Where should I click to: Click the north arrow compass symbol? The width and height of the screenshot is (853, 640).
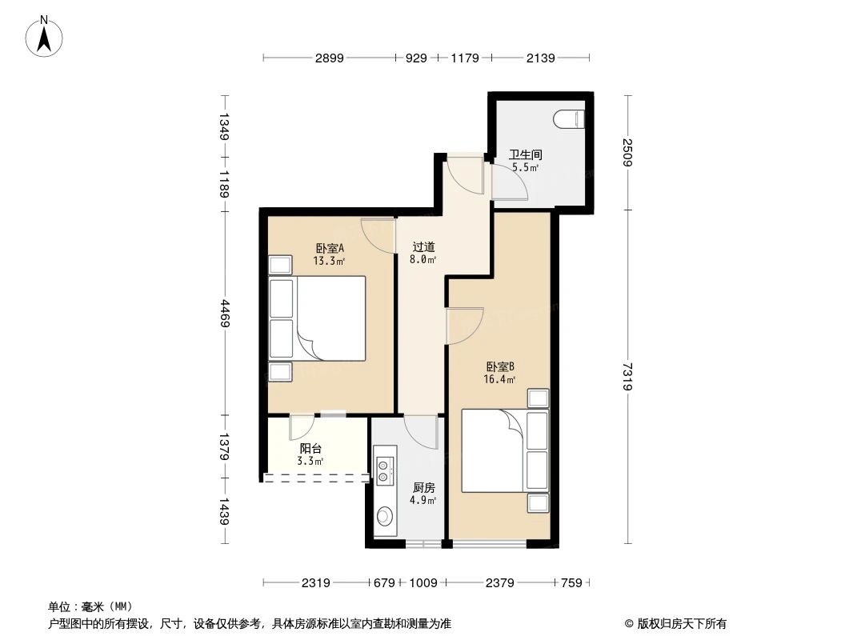click(x=46, y=36)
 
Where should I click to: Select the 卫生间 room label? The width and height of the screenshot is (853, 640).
click(x=526, y=155)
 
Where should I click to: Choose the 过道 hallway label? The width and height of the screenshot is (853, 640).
click(x=424, y=247)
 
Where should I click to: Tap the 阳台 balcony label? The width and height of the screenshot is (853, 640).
click(x=311, y=449)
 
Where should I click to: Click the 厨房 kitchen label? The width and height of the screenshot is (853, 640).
click(x=424, y=487)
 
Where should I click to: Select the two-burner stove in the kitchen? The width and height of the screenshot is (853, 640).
click(x=383, y=471)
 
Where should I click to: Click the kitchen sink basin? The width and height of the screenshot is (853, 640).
click(x=384, y=517)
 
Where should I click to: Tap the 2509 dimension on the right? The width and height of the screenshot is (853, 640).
click(x=627, y=153)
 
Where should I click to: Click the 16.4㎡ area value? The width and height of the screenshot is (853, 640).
click(x=500, y=380)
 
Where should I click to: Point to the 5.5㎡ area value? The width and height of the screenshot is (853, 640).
click(x=526, y=168)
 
